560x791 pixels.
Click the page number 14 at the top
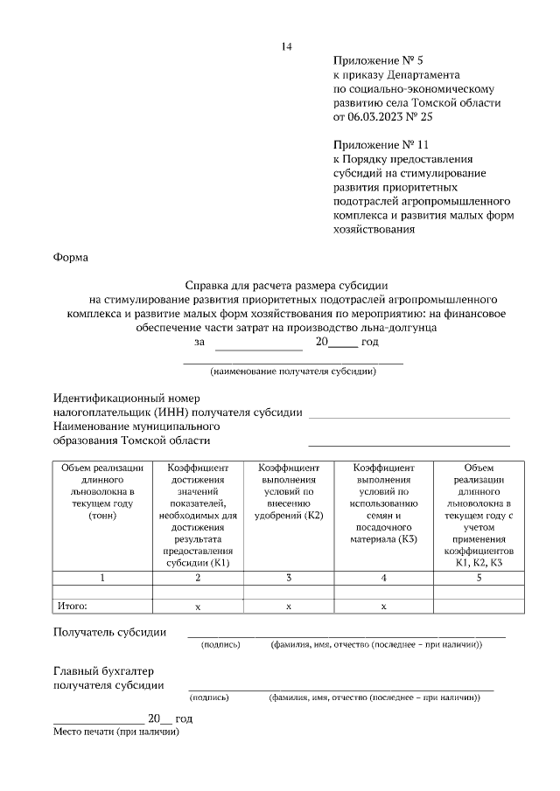[286, 46]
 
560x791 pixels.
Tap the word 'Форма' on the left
[71, 258]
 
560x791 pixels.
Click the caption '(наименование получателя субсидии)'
[293, 371]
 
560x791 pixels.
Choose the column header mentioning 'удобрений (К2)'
[289, 499]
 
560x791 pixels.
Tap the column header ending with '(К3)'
[383, 507]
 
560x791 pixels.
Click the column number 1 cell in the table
[102, 578]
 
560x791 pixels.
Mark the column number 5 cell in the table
[478, 578]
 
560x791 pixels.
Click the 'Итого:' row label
[73, 605]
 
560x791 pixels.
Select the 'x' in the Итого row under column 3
[289, 606]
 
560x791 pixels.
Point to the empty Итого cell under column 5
[478, 606]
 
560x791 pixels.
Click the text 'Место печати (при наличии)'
[115, 732]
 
